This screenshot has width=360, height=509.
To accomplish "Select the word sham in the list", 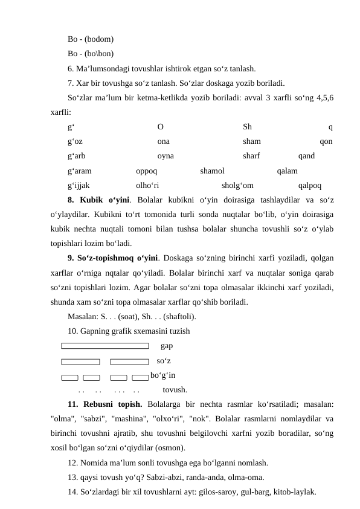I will tap(252, 141).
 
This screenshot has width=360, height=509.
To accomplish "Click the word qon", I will tap(326, 141).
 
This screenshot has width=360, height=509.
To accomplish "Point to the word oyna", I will tap(166, 155).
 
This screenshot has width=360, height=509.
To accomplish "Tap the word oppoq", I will tap(147, 171).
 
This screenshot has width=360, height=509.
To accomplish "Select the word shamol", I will tap(212, 171).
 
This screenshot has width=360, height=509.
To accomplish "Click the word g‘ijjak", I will tap(79, 186).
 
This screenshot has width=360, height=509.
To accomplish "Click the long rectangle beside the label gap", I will tap(104, 346).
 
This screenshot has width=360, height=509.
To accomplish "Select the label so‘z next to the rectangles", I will tap(163, 361).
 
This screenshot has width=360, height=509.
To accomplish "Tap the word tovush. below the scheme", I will tap(175, 390).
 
